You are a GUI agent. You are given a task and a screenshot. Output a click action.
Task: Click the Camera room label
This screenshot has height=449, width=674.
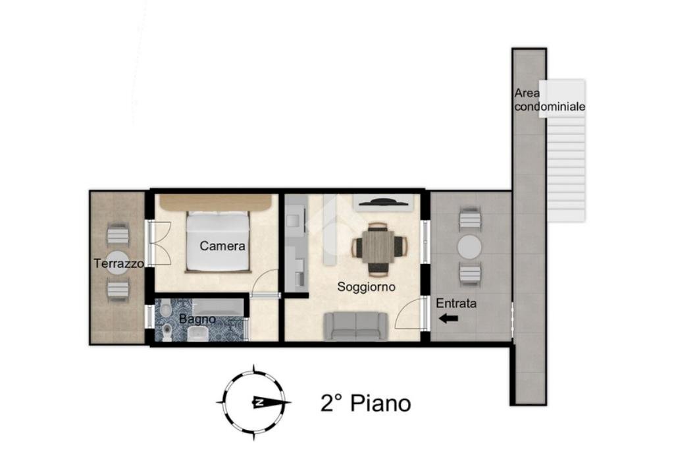coord(222,246)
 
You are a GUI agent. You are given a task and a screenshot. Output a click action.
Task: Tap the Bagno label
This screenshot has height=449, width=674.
coord(197,319)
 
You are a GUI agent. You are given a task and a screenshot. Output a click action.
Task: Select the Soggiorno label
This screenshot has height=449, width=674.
coord(366,287)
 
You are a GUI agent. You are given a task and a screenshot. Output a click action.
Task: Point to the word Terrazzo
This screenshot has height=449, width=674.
coord(119,263)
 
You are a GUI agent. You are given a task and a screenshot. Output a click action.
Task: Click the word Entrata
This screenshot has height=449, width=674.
coord(456,304)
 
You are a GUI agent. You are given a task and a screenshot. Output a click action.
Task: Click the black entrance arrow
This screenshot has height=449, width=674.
coord(449,319)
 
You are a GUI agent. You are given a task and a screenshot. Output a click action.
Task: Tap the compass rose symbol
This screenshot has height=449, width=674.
coord(255,402)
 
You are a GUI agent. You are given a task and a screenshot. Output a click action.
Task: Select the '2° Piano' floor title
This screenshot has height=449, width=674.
coord(366,404)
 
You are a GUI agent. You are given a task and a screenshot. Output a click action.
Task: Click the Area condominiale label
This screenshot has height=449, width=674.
coord(550,99)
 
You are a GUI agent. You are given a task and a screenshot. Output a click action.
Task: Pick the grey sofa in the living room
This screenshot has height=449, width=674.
coord(355,326)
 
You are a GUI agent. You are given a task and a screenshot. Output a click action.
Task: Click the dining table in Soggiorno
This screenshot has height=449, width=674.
coord(378,247)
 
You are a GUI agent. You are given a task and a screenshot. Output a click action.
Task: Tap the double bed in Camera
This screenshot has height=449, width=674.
coord(218,241)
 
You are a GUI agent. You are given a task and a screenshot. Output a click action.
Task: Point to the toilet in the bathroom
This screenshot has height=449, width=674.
coord(167,332)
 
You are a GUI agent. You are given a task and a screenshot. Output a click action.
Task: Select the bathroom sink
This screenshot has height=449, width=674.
coord(197,334)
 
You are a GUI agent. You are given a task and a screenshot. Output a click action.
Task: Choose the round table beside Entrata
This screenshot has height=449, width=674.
coord(469,247)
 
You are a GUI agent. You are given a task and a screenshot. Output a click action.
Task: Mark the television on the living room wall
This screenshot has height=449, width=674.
coord(382,201)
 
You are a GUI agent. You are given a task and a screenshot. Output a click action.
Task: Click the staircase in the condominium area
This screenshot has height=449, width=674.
coord(566,151)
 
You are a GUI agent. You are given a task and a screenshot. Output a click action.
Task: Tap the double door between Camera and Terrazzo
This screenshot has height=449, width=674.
coord(160,244)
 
